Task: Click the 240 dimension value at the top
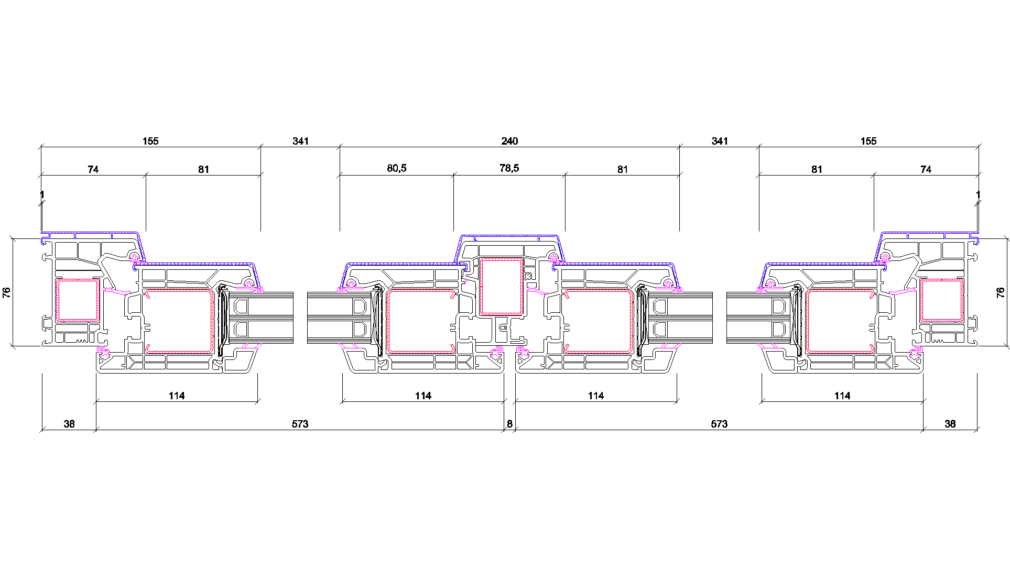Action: [509, 141]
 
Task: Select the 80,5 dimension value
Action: [397, 168]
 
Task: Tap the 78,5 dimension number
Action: [509, 168]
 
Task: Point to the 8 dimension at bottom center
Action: [509, 424]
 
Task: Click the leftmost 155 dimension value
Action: [150, 141]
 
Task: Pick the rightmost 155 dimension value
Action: [868, 141]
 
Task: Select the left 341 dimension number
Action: [301, 141]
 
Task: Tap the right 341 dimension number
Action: [720, 141]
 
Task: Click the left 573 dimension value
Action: [300, 424]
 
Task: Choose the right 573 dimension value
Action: [719, 424]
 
